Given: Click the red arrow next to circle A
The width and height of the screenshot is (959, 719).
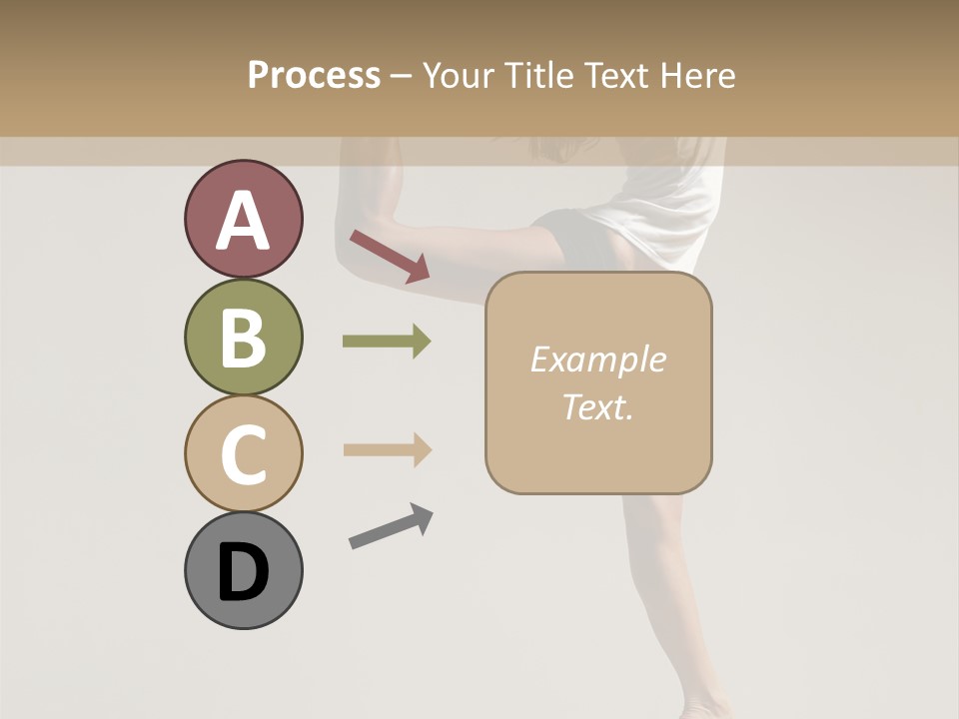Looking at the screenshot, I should click(389, 256).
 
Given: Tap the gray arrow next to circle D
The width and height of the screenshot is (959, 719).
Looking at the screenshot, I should click(390, 526).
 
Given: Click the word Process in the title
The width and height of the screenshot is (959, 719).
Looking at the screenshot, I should click(314, 75).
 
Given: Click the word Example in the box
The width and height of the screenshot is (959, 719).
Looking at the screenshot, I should click(597, 359).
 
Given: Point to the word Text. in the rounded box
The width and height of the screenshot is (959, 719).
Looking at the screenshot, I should click(597, 407).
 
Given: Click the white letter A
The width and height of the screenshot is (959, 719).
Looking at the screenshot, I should click(244, 221).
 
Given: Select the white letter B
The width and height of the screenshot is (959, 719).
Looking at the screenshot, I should click(244, 339).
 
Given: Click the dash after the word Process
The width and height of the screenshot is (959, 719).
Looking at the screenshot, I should click(402, 77).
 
